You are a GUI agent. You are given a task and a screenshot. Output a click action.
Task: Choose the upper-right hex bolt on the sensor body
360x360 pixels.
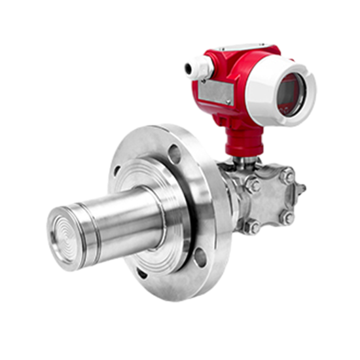(x=287, y=175)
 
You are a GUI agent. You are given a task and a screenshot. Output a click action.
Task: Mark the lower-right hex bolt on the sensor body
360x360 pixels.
(x=285, y=216)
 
